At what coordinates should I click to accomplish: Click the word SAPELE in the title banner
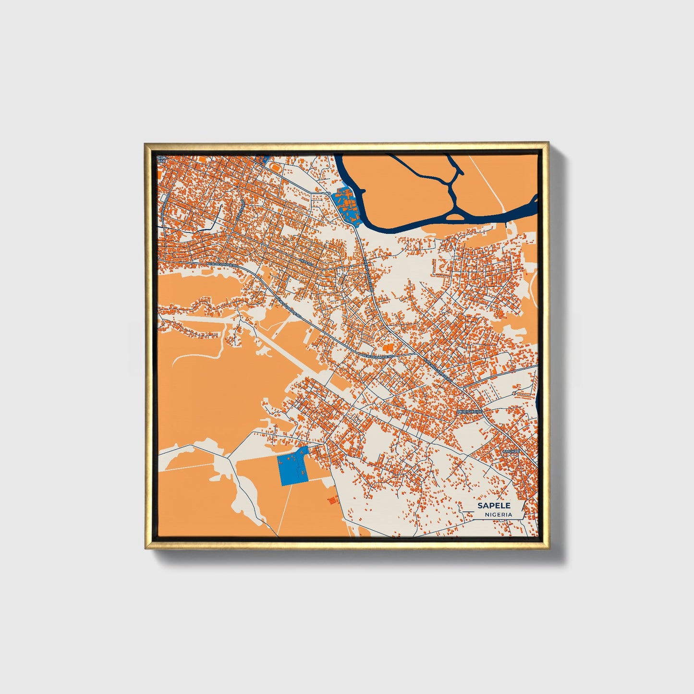pos(494,506)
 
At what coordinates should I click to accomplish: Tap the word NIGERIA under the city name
pos(498,514)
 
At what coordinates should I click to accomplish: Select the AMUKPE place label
pos(511,452)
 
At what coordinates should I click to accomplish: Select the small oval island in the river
pos(456,217)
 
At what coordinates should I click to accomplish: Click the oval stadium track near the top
pos(275,166)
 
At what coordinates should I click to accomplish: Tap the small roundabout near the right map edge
pos(514,393)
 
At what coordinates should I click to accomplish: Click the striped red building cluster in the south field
pos(331,500)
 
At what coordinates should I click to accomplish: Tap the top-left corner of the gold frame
pos(146,144)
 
